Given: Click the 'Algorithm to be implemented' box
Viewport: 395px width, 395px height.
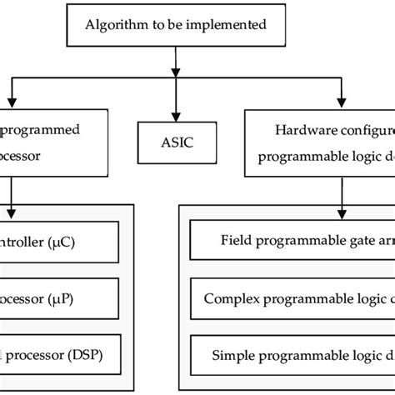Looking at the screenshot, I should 177,24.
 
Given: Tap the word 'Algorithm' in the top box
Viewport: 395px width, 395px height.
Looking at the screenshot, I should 114,24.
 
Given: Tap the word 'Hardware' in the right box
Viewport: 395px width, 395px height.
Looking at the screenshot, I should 302,130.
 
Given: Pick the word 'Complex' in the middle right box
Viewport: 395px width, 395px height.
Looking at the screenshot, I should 232,296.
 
